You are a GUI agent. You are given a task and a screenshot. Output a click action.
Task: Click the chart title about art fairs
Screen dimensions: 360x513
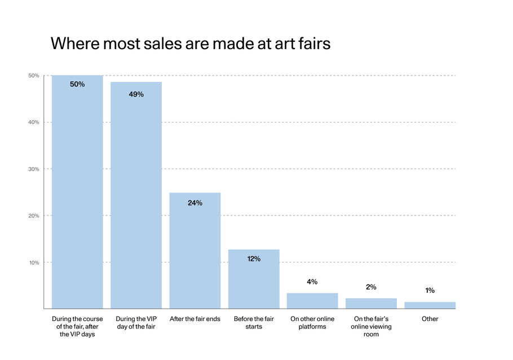click(x=191, y=44)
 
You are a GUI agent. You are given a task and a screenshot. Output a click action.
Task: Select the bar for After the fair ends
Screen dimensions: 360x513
click(x=195, y=251)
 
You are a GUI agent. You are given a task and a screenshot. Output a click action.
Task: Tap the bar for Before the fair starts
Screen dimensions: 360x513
click(x=254, y=279)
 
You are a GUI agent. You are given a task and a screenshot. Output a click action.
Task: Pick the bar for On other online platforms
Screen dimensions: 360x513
click(x=312, y=301)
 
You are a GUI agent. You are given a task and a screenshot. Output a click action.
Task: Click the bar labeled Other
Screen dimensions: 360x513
click(x=430, y=305)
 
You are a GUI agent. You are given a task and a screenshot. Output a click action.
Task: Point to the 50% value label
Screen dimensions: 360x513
click(x=77, y=84)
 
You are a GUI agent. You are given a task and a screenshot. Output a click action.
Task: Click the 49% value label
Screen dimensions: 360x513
click(x=136, y=94)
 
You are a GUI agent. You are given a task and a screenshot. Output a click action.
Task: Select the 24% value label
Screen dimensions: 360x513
click(x=195, y=203)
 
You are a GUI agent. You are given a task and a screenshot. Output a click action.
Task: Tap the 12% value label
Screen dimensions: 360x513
click(x=254, y=258)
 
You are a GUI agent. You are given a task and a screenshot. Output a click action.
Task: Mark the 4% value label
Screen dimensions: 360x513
click(x=312, y=282)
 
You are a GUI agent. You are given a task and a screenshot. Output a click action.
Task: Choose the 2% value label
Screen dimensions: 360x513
click(x=371, y=287)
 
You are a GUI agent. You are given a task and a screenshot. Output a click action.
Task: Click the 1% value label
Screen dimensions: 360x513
click(x=430, y=291)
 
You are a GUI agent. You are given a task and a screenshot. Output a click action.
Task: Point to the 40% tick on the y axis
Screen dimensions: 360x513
click(x=34, y=122)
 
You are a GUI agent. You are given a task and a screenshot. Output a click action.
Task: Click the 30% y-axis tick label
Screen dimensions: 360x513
click(x=34, y=169)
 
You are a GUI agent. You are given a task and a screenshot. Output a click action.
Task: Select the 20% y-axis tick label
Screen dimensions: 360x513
click(x=34, y=216)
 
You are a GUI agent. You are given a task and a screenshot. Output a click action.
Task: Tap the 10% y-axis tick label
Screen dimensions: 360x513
click(x=34, y=262)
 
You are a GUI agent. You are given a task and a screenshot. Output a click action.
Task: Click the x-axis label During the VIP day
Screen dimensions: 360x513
click(x=136, y=323)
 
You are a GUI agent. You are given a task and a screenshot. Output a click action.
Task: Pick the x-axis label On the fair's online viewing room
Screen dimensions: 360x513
click(x=371, y=327)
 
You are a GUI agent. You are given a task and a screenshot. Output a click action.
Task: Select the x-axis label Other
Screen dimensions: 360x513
click(x=430, y=319)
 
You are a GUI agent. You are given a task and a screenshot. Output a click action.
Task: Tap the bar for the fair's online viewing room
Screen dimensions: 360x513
click(x=371, y=304)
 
